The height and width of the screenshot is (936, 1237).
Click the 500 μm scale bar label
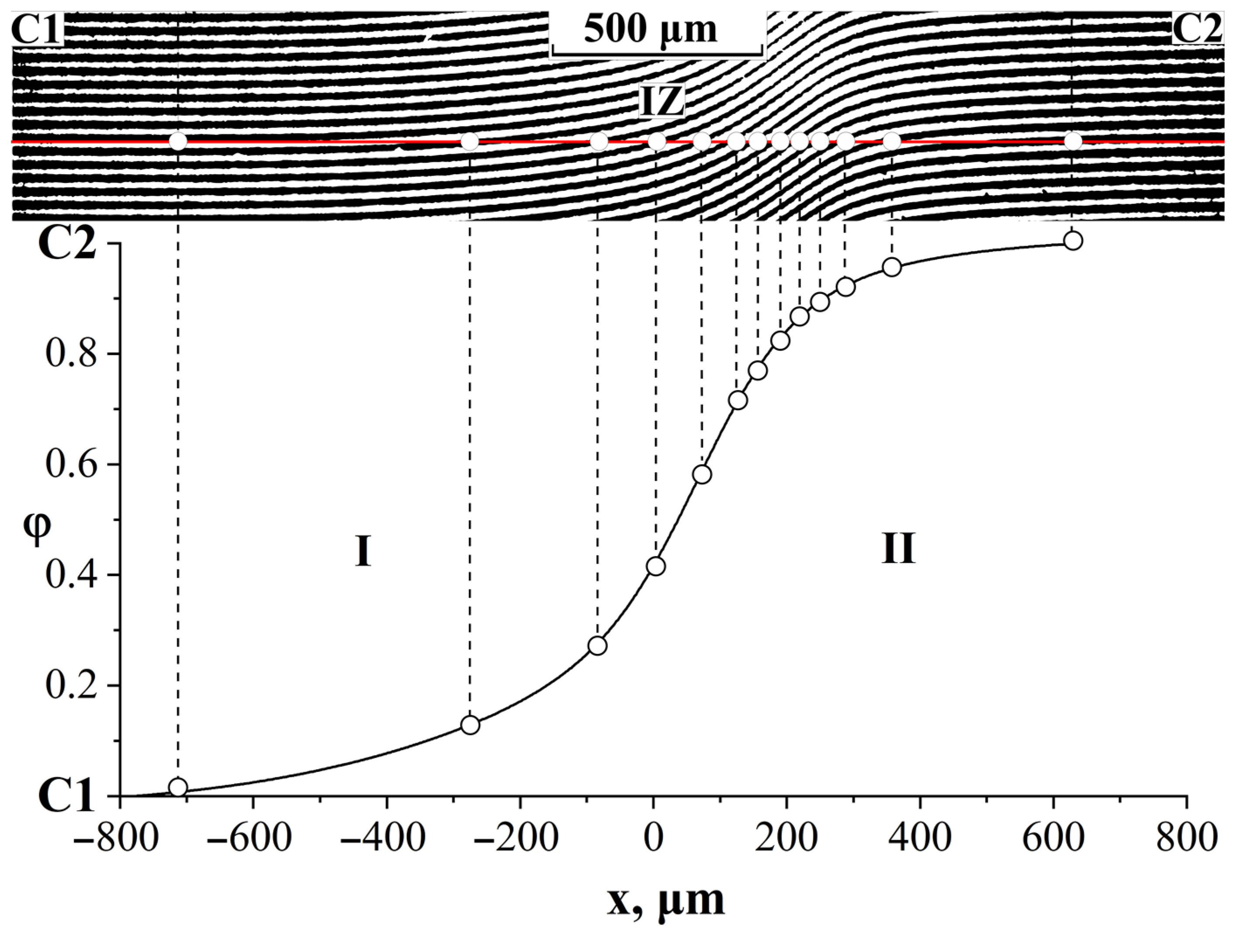650,29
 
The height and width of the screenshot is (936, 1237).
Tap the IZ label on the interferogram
662,102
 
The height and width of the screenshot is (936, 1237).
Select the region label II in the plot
898,548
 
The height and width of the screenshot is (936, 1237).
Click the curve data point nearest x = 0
656,566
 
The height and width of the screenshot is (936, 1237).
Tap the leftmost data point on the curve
178,787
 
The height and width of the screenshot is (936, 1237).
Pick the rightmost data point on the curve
1073,241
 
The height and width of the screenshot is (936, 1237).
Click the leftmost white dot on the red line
178,142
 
